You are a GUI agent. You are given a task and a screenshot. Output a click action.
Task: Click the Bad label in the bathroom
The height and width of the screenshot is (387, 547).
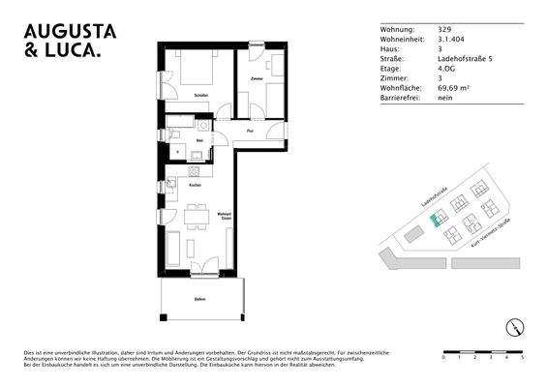[199, 141]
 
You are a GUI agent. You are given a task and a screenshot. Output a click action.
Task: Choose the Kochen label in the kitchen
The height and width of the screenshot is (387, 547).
[195, 184]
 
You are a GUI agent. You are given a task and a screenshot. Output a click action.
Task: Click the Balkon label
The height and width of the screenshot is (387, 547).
[199, 300]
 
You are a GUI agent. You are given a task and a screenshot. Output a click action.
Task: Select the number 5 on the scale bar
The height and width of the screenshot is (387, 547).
[522, 357]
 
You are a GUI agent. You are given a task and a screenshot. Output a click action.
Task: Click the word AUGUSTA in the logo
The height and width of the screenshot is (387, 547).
[69, 31]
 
